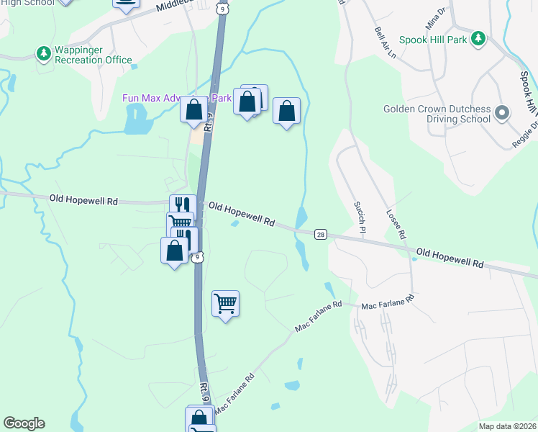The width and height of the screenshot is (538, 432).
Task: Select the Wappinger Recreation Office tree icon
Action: pos(44,53)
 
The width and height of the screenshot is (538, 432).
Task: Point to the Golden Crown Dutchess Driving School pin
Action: pos(502,113)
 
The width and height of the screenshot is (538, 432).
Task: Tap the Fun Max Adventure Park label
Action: pos(151,98)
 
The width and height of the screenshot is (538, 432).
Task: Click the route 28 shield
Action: pos(321,234)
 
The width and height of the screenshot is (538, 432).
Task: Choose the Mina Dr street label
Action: pos(436,19)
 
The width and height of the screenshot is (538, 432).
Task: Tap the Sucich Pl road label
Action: pos(360,212)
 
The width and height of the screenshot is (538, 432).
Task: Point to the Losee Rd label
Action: pos(396,225)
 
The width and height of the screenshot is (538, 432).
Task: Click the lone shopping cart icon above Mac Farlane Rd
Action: pos(226,304)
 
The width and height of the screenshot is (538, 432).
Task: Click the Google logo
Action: pos(24,423)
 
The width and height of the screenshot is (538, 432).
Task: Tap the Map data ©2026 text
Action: pos(506,426)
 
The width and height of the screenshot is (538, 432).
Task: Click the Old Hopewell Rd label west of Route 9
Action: pos(83,200)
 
